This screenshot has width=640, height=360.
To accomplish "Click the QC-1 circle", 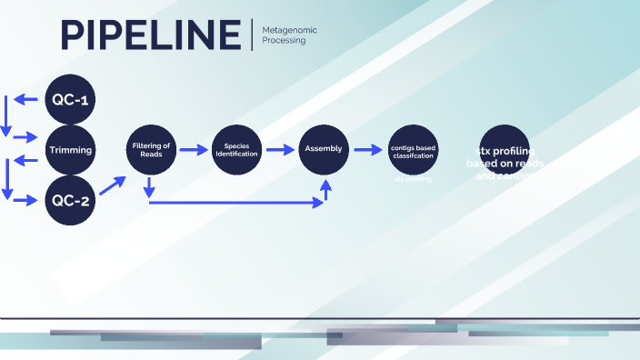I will [x=70, y=98].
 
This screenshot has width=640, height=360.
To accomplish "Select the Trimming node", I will [x=70, y=150].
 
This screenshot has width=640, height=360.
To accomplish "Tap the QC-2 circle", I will [x=70, y=201].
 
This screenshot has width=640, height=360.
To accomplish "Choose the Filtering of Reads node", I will [x=151, y=150].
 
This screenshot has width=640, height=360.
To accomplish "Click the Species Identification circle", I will [x=236, y=150].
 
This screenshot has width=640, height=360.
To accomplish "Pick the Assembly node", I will [x=324, y=149].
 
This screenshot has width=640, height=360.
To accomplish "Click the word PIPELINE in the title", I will [x=151, y=35].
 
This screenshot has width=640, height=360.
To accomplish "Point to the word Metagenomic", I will [x=289, y=30].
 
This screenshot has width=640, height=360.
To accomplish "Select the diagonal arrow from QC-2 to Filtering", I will [x=112, y=185].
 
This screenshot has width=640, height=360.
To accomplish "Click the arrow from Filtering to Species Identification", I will [x=194, y=150].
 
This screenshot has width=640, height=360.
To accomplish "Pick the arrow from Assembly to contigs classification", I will [x=367, y=150].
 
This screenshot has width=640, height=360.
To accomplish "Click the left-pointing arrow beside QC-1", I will [x=25, y=97].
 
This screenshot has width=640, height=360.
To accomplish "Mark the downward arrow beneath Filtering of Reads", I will [x=148, y=188].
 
